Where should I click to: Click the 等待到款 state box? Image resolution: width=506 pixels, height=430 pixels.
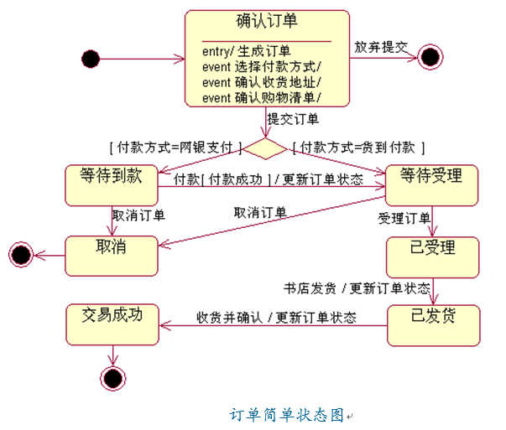[x=112, y=184]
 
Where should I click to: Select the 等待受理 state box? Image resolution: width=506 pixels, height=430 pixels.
[x=431, y=184]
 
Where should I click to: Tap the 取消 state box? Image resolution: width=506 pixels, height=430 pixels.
[x=112, y=255]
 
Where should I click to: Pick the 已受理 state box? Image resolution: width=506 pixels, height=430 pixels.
[x=432, y=256]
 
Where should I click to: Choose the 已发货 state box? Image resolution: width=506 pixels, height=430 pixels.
[x=433, y=324]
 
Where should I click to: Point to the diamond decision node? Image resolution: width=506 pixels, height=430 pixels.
[x=265, y=149]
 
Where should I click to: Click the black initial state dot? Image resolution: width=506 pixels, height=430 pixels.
[x=91, y=59]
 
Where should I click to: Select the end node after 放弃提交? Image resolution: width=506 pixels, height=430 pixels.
[x=430, y=58]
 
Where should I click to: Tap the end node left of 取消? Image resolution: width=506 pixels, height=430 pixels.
[x=19, y=254]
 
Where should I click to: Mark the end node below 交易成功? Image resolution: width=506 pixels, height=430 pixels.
[x=112, y=378]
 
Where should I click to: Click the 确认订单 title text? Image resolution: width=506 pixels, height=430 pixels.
[x=268, y=20]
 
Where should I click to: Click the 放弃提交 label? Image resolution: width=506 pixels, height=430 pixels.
[x=380, y=47]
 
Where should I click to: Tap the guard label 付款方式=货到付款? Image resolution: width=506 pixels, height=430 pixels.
[x=358, y=147]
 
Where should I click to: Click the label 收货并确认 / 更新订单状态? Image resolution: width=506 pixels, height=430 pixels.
[x=276, y=318]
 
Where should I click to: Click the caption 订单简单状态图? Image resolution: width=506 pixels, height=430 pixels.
[x=288, y=414]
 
